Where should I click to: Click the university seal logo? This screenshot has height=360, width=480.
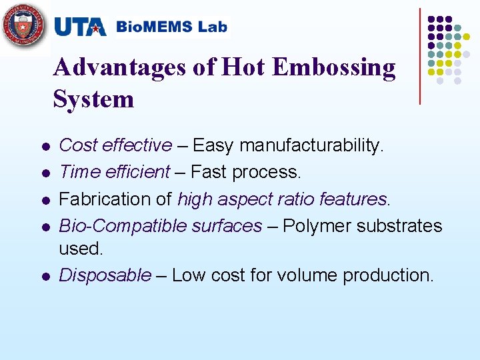click(24, 27)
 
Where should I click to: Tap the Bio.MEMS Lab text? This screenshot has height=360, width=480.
click(171, 27)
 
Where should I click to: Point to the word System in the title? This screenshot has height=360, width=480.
click(93, 99)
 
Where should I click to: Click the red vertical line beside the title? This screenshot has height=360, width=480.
click(420, 56)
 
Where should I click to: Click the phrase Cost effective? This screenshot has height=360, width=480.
click(115, 145)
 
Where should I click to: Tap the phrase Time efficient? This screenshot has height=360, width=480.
click(115, 172)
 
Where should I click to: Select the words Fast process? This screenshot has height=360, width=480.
click(246, 172)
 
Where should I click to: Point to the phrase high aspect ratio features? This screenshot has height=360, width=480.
click(282, 199)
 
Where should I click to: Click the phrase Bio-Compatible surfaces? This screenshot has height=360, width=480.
click(160, 226)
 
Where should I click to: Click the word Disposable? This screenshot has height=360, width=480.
click(105, 275)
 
